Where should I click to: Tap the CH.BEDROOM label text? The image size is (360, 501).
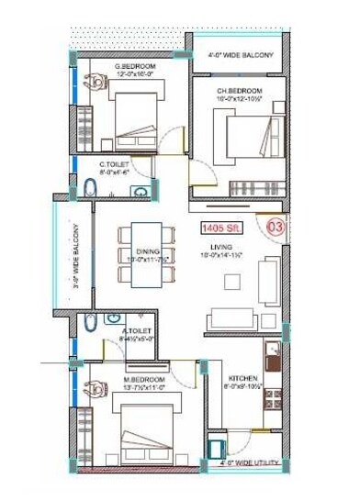(240, 91)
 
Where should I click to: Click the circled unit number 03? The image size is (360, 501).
(274, 226)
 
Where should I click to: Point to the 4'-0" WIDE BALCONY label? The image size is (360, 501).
(241, 57)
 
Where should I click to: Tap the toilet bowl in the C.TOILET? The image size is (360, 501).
(90, 189)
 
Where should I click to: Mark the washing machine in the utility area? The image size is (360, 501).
(217, 449)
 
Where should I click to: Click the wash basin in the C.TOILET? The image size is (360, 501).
(140, 192)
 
